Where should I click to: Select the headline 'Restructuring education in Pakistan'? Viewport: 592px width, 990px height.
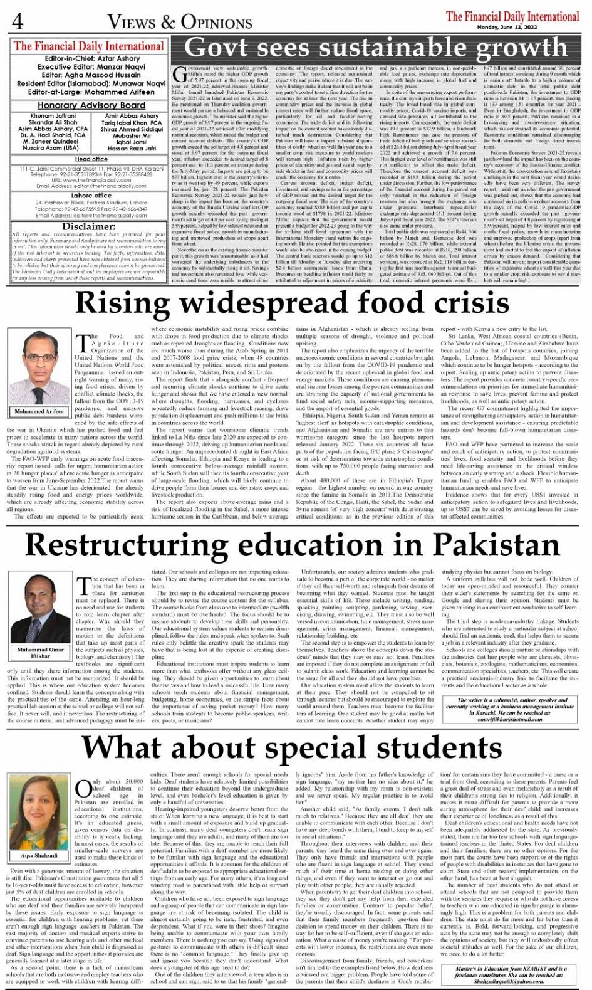(x=293, y=544)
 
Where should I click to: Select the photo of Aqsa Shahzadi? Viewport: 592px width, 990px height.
(x=39, y=814)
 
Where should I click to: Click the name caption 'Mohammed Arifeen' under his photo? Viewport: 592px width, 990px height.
(x=39, y=411)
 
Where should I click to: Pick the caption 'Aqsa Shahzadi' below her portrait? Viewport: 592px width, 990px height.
(x=39, y=855)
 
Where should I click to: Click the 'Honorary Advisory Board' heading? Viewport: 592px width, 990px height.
(x=91, y=105)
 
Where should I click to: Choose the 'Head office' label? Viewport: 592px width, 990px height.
(x=91, y=159)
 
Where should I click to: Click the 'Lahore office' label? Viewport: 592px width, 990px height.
(x=91, y=196)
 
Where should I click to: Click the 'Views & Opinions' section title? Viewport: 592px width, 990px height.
(x=180, y=23)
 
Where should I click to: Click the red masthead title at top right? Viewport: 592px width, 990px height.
(x=512, y=16)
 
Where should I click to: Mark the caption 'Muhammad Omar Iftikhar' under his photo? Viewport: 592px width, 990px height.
(x=40, y=653)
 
